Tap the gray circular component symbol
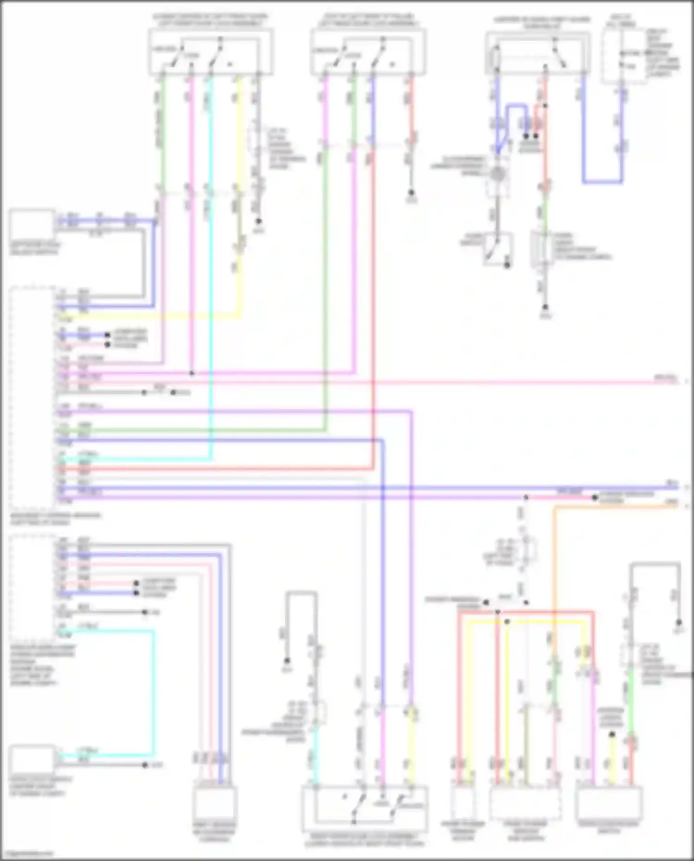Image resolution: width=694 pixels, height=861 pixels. (497, 174)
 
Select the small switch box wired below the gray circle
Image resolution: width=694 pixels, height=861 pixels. (497, 249)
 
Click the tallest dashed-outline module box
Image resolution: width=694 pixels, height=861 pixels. (32, 398)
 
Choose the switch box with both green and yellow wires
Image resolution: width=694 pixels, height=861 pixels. (211, 51)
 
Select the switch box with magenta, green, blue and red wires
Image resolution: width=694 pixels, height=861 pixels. (368, 51)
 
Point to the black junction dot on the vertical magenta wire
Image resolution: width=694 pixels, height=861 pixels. (192, 373)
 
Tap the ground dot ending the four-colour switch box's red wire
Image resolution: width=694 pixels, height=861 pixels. (410, 192)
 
